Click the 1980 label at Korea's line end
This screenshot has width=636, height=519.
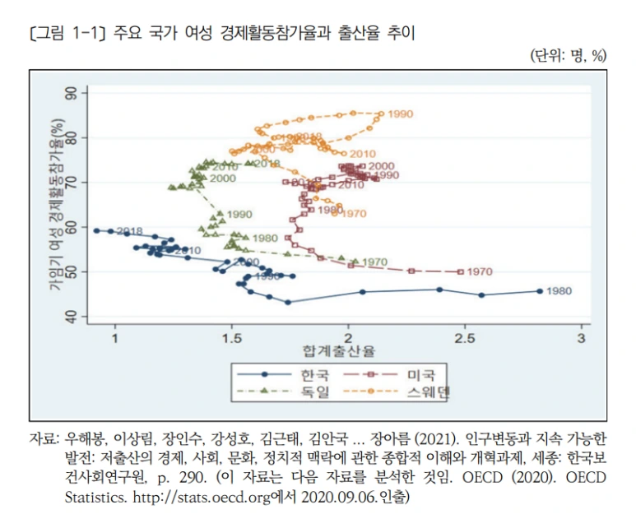(559, 291)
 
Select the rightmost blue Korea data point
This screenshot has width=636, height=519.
(540, 290)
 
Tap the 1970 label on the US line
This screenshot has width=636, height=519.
(478, 271)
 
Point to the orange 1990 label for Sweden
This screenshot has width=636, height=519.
(400, 114)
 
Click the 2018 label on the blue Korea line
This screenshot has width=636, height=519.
(130, 231)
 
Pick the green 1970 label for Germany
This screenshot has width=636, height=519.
(374, 262)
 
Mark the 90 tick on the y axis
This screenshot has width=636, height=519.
(81, 92)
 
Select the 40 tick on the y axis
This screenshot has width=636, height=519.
(81, 316)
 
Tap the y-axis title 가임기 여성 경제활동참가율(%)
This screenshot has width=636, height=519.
(57, 203)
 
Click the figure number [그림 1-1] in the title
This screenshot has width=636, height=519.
(63, 34)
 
